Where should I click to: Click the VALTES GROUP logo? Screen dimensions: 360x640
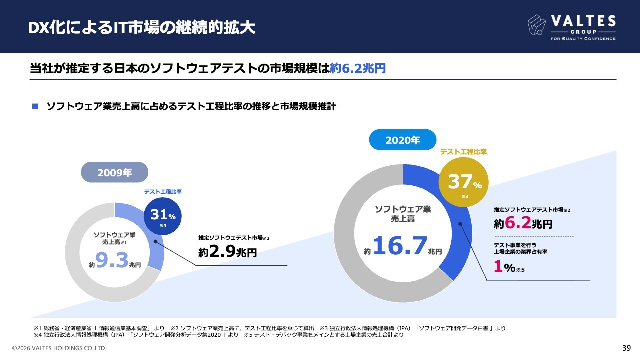pos(571,27)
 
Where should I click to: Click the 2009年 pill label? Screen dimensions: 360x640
pos(115,173)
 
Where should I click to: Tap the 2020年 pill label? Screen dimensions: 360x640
pos(402,140)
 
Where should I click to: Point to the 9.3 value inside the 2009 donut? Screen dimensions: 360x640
pos(112,260)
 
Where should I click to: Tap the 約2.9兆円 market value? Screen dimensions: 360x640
pos(227,252)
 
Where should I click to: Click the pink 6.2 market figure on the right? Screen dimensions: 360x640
pos(517,223)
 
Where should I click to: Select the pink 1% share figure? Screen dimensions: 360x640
pos(497,267)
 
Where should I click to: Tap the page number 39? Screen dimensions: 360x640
pos(626,348)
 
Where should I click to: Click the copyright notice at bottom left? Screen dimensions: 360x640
pos(59,348)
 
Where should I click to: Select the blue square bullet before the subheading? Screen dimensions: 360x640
pos(35,106)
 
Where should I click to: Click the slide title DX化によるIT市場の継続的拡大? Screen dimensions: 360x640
pos(142,28)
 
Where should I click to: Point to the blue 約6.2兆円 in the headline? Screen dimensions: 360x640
pos(358,68)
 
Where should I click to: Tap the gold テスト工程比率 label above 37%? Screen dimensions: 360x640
pos(463,151)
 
